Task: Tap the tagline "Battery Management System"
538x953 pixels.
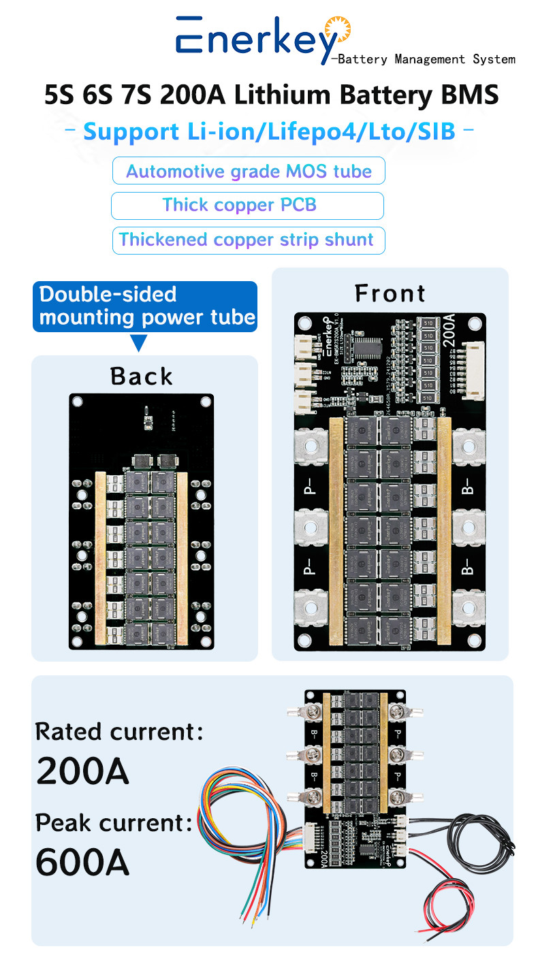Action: [x=426, y=59]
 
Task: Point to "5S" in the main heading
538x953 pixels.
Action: [x=60, y=95]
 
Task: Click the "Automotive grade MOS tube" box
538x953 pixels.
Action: [x=249, y=171]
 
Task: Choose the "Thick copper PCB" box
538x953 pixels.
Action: [x=247, y=205]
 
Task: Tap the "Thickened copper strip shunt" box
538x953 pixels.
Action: [x=248, y=240]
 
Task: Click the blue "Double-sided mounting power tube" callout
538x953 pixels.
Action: [x=145, y=306]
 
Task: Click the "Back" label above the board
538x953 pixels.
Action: [x=142, y=376]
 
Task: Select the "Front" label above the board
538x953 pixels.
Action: [x=390, y=293]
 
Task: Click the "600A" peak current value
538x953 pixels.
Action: [x=82, y=862]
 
